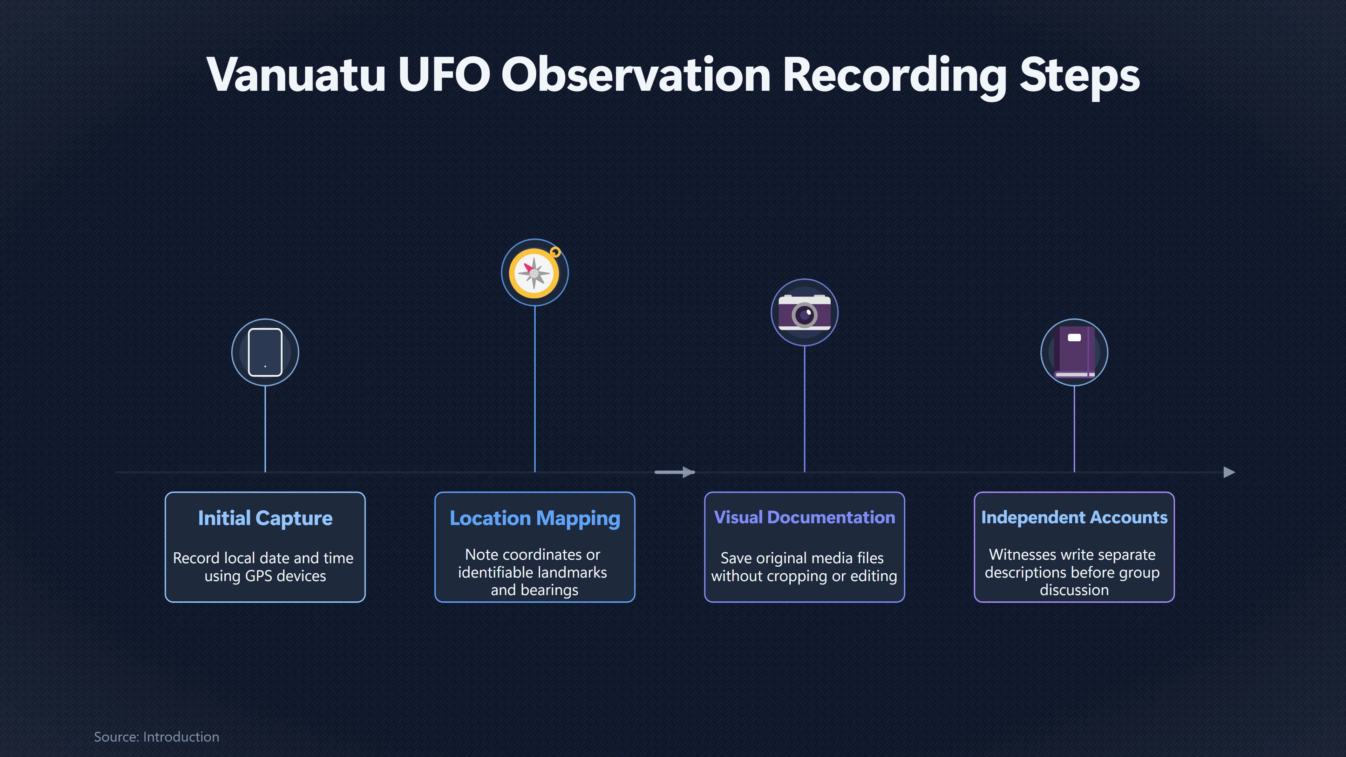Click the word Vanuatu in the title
(x=296, y=74)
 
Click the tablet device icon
(x=265, y=352)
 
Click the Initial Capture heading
(x=265, y=518)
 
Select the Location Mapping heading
(x=535, y=518)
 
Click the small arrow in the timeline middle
(x=674, y=472)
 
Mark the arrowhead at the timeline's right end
(x=1230, y=472)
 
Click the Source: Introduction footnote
(x=157, y=737)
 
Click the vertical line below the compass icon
(x=535, y=389)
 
